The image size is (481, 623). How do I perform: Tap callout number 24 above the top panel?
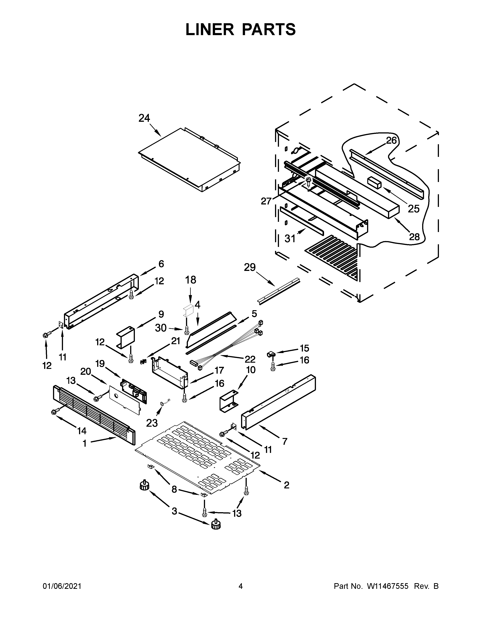pos(144,118)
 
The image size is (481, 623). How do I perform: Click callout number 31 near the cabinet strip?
pos(290,238)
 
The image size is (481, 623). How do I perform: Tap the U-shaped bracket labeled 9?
pos(125,337)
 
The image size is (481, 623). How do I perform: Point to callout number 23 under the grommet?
pos(152,423)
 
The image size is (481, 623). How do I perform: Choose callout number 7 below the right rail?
pos(285,442)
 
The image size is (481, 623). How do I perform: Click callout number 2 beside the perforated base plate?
pos(286,485)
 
